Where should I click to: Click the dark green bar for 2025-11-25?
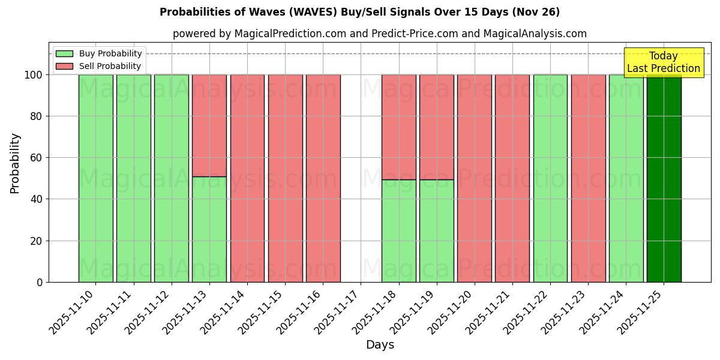coord(664,178)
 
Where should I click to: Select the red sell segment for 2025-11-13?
coord(209,125)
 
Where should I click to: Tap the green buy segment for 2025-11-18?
coord(398,230)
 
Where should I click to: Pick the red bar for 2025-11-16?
coord(323,178)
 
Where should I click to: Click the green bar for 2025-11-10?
coord(95,178)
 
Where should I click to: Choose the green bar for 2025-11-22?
coord(550,178)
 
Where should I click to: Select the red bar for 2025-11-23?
coord(588,178)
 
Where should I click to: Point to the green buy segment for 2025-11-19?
coord(436,230)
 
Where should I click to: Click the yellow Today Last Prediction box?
coord(663,62)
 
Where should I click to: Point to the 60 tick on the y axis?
coord(39,158)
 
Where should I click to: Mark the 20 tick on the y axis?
coord(39,241)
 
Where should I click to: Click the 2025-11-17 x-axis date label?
coord(335,312)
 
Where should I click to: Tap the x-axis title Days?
coord(380,345)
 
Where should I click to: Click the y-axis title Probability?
coord(15,163)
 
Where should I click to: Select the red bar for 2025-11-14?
coord(247,178)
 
